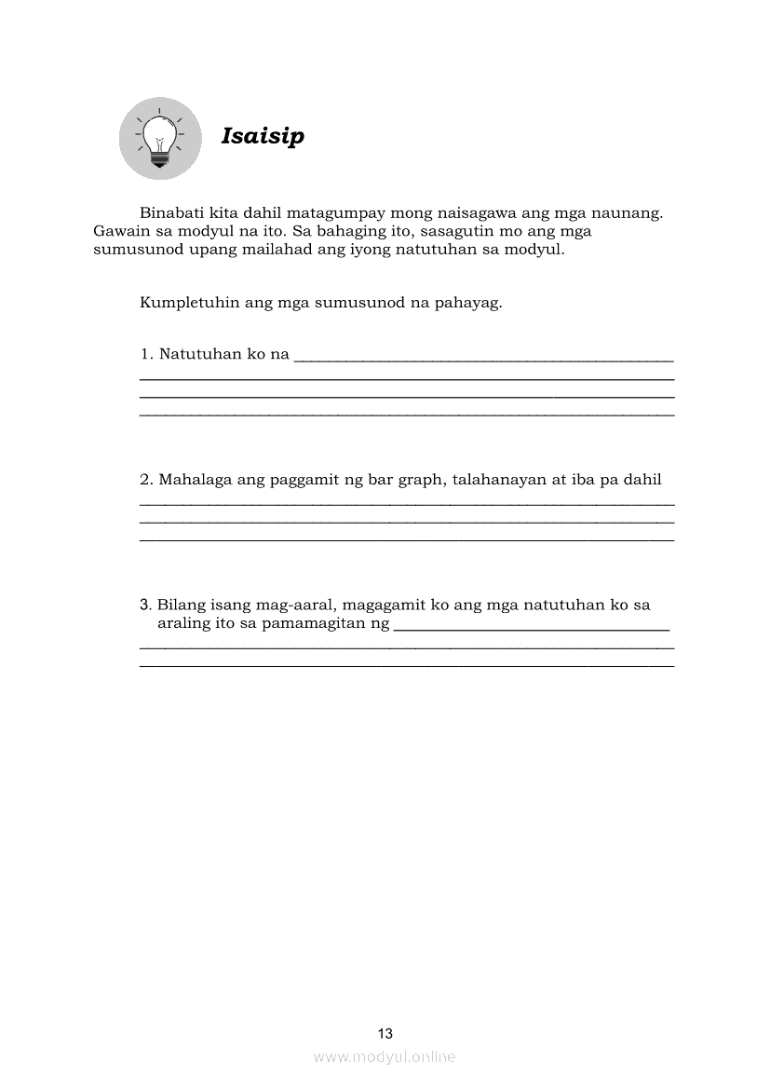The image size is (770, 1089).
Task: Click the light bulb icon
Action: click(160, 139)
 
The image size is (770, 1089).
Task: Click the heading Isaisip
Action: click(263, 137)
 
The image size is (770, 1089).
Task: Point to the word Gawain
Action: click(119, 232)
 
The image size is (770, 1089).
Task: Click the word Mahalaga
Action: click(194, 480)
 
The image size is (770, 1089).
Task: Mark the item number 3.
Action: click(145, 605)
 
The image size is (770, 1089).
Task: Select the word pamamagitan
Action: click(314, 622)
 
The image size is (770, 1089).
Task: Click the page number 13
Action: click(385, 1033)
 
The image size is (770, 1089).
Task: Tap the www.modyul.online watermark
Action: click(385, 1056)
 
